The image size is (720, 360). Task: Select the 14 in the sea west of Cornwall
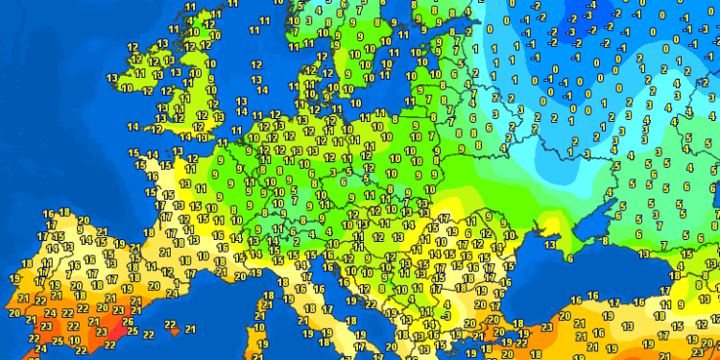point(132,127)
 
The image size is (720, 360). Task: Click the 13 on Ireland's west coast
point(112,78)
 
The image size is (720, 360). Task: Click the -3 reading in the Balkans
point(445,314)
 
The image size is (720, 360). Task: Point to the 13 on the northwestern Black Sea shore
point(548,245)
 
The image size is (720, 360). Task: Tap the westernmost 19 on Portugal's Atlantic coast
point(13,278)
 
